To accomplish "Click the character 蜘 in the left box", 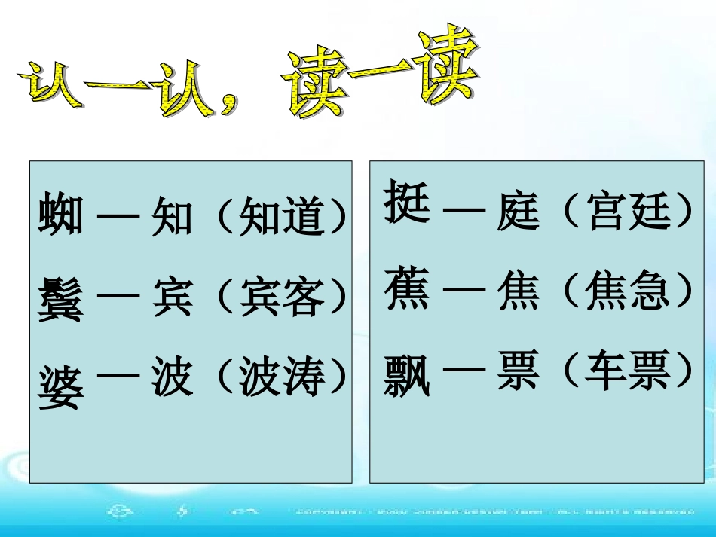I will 61,215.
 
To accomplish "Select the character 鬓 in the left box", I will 61,299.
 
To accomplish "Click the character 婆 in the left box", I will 61,385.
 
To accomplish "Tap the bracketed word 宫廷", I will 627,210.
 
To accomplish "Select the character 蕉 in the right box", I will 407,291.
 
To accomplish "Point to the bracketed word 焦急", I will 627,291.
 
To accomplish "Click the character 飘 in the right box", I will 407,374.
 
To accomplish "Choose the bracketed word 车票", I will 627,371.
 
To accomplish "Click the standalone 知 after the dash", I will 173,216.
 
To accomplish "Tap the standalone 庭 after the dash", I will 519,210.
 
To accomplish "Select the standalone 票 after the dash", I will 519,371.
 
